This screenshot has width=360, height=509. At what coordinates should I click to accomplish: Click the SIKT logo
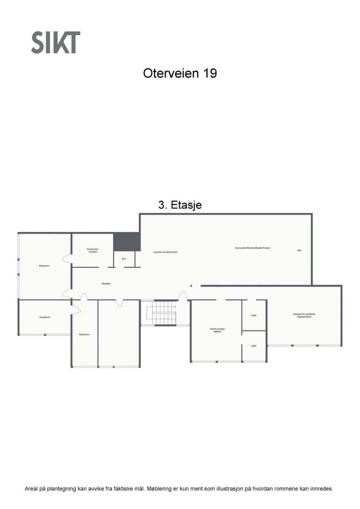(x=55, y=42)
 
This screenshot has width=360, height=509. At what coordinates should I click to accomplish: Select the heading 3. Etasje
(x=180, y=205)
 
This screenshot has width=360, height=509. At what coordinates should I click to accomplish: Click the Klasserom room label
(x=44, y=266)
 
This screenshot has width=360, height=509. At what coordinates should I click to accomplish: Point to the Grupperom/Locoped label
(x=93, y=250)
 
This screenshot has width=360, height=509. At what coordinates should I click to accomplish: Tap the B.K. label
(x=124, y=259)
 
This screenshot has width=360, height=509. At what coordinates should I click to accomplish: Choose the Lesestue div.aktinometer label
(x=165, y=252)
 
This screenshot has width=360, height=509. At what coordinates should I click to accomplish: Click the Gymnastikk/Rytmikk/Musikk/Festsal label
(x=252, y=248)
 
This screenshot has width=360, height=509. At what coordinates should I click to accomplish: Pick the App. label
(x=299, y=250)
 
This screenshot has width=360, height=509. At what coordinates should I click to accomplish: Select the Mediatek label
(x=106, y=283)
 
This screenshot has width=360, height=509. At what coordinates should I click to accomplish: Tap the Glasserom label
(x=84, y=334)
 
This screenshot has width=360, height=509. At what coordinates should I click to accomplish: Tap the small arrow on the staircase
(x=174, y=307)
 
